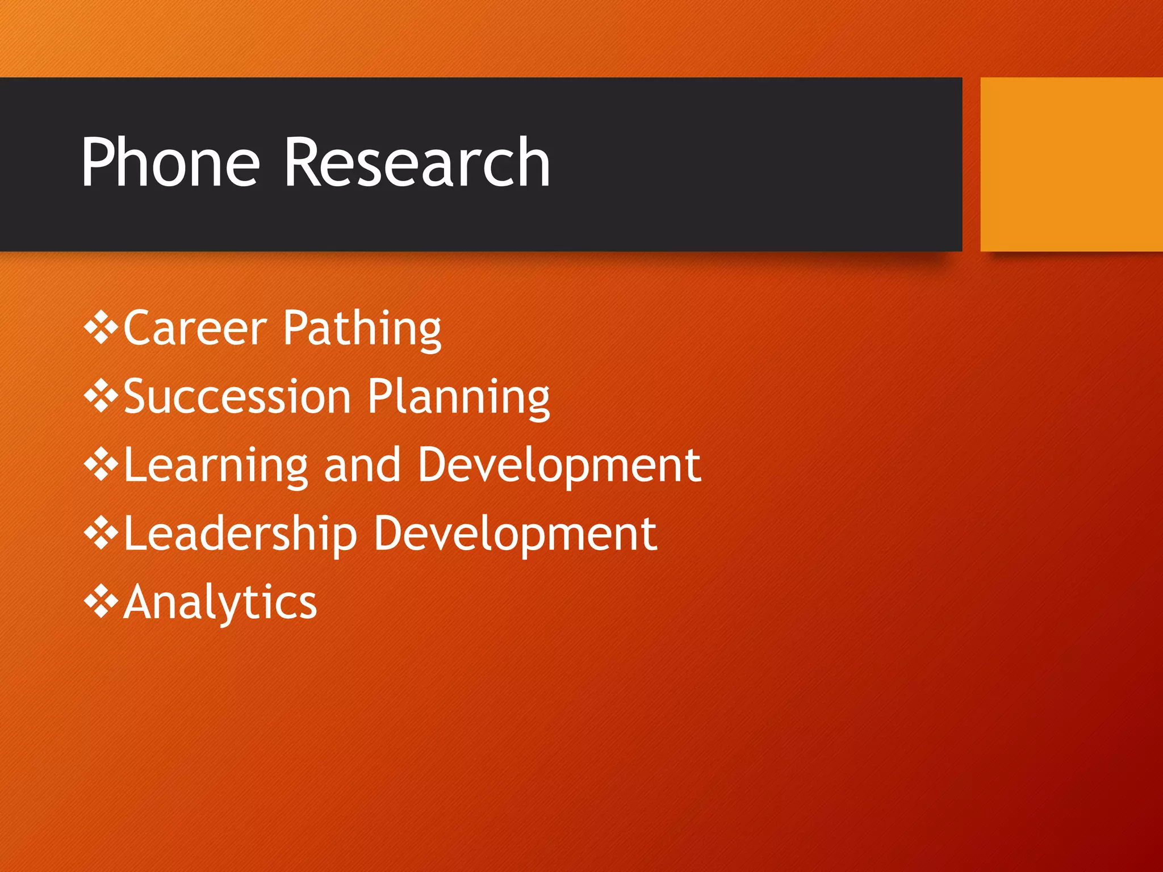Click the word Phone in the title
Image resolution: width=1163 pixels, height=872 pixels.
tap(170, 163)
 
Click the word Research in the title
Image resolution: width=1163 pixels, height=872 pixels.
tap(417, 163)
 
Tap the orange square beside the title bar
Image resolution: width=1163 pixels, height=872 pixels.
tap(1071, 164)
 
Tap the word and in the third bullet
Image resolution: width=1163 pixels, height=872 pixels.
tap(362, 466)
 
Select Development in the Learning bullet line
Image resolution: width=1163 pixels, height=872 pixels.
tap(559, 466)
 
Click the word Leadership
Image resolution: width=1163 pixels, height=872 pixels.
tap(240, 534)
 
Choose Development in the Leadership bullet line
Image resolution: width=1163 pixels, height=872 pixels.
tap(515, 534)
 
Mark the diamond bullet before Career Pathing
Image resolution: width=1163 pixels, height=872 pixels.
tap(101, 328)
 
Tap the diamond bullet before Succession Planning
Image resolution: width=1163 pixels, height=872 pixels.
tap(101, 396)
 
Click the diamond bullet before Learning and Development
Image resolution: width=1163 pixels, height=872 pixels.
tap(101, 464)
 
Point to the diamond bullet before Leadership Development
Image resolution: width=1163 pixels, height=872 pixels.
tap(101, 533)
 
